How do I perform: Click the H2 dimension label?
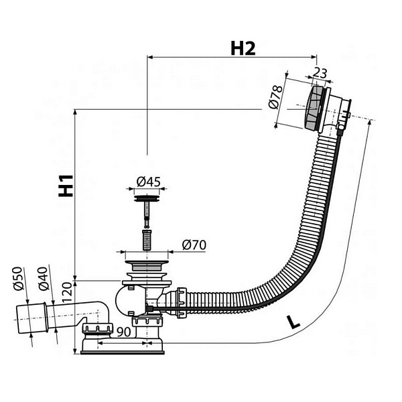pyautogui.click(x=243, y=48)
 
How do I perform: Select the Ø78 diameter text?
pyautogui.click(x=273, y=98)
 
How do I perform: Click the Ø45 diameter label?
pyautogui.click(x=148, y=182)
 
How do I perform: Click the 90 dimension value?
pyautogui.click(x=125, y=331)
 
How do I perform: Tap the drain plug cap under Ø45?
pyautogui.click(x=147, y=197)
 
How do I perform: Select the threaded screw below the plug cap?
pyautogui.click(x=147, y=237)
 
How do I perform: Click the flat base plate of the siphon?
pyautogui.click(x=124, y=347)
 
